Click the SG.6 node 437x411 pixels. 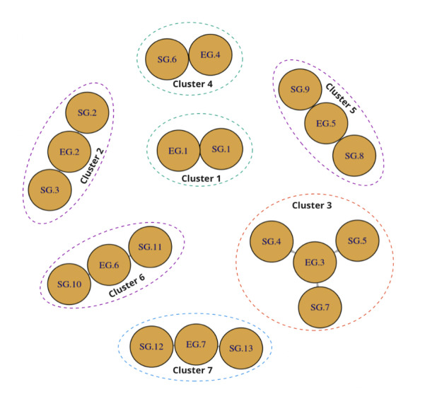click(167, 58)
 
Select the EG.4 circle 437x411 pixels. click(211, 55)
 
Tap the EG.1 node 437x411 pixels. click(178, 151)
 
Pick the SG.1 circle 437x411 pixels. click(221, 149)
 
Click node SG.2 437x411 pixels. click(87, 113)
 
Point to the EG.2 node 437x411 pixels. click(69, 152)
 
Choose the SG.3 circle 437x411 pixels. click(49, 190)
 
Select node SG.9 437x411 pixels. click(300, 90)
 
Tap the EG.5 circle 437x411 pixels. click(325, 123)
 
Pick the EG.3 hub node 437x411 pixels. click(315, 263)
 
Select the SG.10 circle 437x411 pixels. click(69, 284)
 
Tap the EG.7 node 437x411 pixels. click(196, 345)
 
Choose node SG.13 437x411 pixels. click(241, 347)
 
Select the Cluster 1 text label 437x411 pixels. click(202, 178)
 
